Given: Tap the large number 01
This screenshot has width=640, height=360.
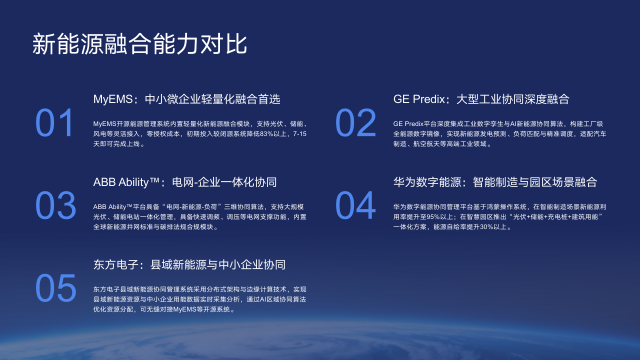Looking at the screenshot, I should (x=55, y=123).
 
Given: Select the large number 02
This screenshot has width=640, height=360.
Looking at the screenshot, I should (x=355, y=123).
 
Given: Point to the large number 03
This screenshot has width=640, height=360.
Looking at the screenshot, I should (x=55, y=205).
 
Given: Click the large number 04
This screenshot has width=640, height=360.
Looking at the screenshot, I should (x=355, y=205).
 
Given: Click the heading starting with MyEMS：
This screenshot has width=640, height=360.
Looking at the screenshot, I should (x=186, y=100).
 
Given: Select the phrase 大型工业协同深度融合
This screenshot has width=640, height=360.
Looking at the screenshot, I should (x=512, y=100).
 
